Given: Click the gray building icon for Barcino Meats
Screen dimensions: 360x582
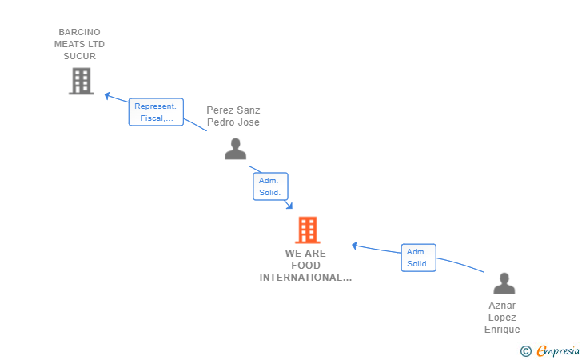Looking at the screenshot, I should click(x=81, y=81).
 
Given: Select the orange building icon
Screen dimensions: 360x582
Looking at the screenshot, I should click(x=307, y=230).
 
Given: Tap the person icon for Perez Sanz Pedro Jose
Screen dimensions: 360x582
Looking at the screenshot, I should click(x=235, y=149).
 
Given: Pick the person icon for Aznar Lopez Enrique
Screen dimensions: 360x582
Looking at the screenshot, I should click(x=504, y=283).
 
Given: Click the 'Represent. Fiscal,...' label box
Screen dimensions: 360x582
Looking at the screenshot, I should click(x=156, y=112).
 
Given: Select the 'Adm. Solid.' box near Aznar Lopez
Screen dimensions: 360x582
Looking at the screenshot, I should click(x=418, y=258).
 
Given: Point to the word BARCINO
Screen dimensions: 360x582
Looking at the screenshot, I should click(x=79, y=33).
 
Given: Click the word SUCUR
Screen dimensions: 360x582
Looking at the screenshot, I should click(x=79, y=56).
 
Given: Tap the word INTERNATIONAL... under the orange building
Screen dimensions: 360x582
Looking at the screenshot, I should click(x=305, y=278).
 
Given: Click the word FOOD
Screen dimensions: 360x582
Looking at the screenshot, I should click(x=305, y=266).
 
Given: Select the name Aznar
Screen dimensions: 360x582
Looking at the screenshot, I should click(x=502, y=306).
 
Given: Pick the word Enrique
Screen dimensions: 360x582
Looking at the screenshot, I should click(x=502, y=330).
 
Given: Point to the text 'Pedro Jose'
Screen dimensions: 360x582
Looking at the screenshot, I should click(x=233, y=122).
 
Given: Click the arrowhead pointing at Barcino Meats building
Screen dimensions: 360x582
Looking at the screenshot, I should click(x=107, y=96).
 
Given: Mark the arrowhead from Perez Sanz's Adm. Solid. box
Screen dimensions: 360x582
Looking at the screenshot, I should click(x=289, y=206).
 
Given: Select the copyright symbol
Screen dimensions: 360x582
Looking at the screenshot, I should click(x=525, y=350).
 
